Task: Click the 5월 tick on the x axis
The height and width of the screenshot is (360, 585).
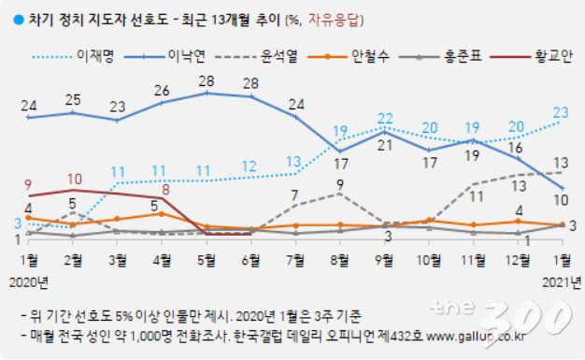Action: [x=205, y=257]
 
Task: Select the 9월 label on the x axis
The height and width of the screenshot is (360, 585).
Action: [x=383, y=257]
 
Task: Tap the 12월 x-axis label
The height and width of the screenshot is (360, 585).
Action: [x=516, y=257]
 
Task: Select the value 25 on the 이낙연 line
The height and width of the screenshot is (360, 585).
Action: [x=72, y=99]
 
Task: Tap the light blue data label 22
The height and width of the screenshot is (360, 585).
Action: [x=384, y=118]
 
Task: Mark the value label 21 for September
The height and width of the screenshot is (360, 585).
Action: [x=384, y=146]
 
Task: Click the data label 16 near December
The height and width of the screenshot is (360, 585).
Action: [x=515, y=147]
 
